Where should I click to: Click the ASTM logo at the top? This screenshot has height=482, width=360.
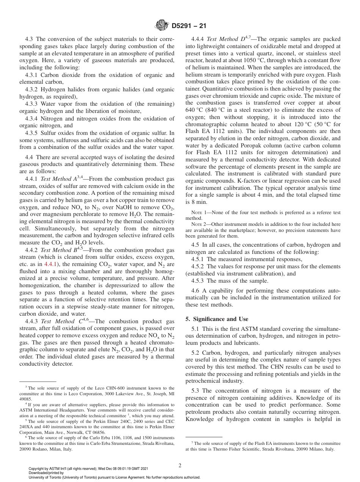click(x=162, y=26)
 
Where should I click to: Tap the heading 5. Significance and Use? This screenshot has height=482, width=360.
click(x=217, y=319)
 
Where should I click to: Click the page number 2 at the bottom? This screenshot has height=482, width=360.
click(x=180, y=465)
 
